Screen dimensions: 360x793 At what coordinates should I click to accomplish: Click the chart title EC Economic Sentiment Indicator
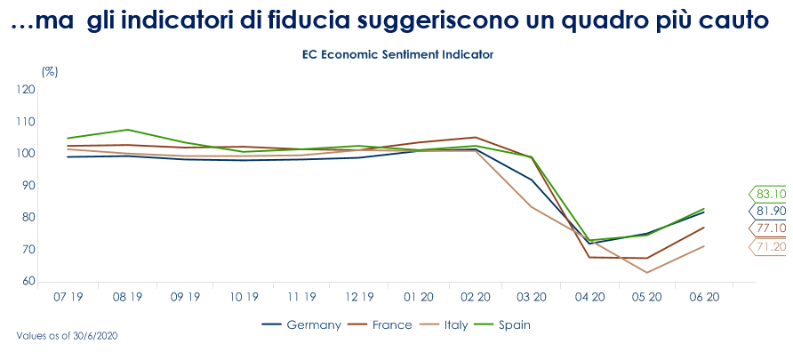pos(397,54)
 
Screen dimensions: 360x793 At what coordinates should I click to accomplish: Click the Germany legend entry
pos(301,324)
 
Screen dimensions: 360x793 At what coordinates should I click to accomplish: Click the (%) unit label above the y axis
pos(50,69)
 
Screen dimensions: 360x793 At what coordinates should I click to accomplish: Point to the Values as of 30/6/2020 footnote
pos(68,337)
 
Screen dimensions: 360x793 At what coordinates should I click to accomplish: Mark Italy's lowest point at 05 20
pos(646,272)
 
